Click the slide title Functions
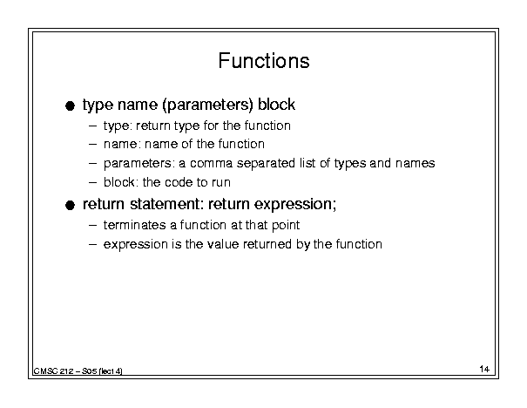click(264, 61)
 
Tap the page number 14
click(484, 369)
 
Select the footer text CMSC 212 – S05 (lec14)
click(78, 371)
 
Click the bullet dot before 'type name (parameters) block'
click(70, 106)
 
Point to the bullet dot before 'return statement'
click(70, 205)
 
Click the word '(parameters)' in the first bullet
click(207, 105)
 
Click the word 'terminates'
click(134, 225)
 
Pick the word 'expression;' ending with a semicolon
click(294, 205)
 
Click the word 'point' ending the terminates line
click(286, 226)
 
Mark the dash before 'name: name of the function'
click(92, 145)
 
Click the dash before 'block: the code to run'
click(92, 183)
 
